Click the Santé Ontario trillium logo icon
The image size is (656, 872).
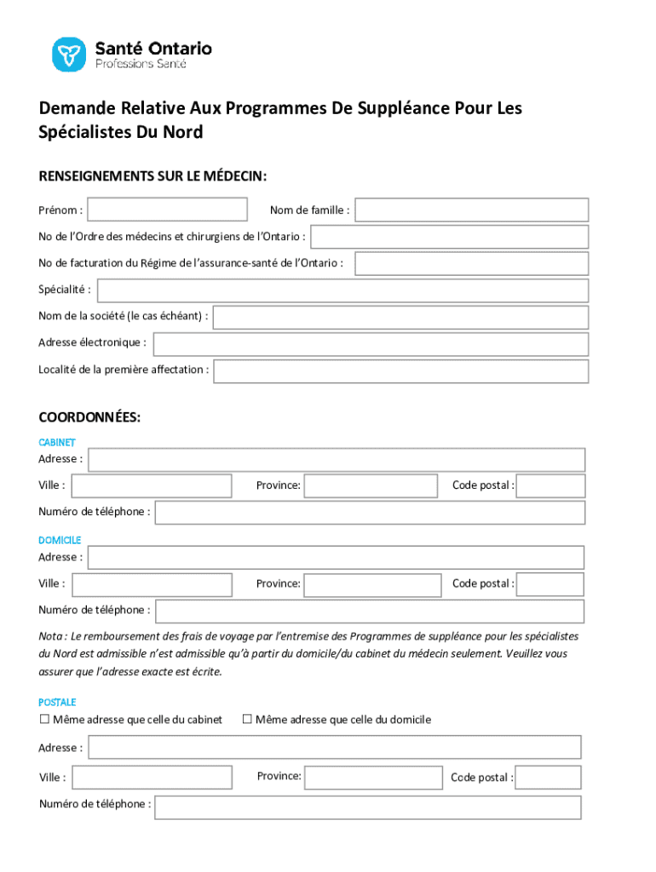(x=69, y=54)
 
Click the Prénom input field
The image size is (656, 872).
(x=167, y=209)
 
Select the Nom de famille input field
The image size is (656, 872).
(x=471, y=209)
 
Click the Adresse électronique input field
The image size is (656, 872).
(x=370, y=344)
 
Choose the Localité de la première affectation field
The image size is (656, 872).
(x=400, y=371)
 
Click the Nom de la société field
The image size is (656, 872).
(x=400, y=318)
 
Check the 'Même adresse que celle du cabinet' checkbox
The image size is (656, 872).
(x=44, y=720)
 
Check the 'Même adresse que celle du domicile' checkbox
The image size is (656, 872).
(x=247, y=720)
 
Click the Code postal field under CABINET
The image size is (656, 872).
(x=550, y=486)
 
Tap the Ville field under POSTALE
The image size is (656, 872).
(x=151, y=777)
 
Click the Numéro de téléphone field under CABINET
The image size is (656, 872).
(x=370, y=513)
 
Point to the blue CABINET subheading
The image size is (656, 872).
(x=57, y=443)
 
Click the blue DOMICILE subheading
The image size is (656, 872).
(x=60, y=541)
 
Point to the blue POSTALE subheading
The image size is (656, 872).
(x=57, y=703)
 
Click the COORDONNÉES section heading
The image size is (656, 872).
(x=89, y=418)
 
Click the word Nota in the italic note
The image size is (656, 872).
(x=49, y=636)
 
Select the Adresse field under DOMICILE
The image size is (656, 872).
(x=336, y=558)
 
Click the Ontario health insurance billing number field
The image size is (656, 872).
(x=471, y=263)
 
